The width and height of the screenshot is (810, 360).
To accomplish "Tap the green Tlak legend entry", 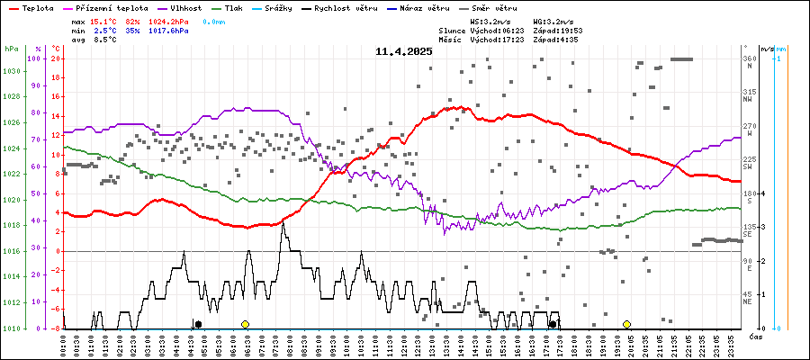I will tap(233, 7).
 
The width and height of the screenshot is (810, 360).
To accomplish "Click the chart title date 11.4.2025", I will tap(404, 51).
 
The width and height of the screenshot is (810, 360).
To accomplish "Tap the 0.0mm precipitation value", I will tap(214, 20).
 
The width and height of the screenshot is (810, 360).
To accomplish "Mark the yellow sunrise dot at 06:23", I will tap(245, 324).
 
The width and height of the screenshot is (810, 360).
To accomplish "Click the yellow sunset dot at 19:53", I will tap(626, 324).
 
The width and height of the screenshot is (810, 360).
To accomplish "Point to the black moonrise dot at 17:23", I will tap(553, 324).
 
